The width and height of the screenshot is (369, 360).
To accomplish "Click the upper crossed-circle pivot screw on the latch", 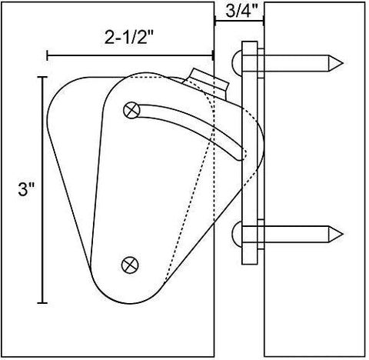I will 132,110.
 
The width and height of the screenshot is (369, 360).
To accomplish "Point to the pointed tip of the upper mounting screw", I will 341,61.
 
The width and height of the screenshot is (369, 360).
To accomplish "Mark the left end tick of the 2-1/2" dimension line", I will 48,55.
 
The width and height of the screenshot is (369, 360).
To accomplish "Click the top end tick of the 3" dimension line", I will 42,77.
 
